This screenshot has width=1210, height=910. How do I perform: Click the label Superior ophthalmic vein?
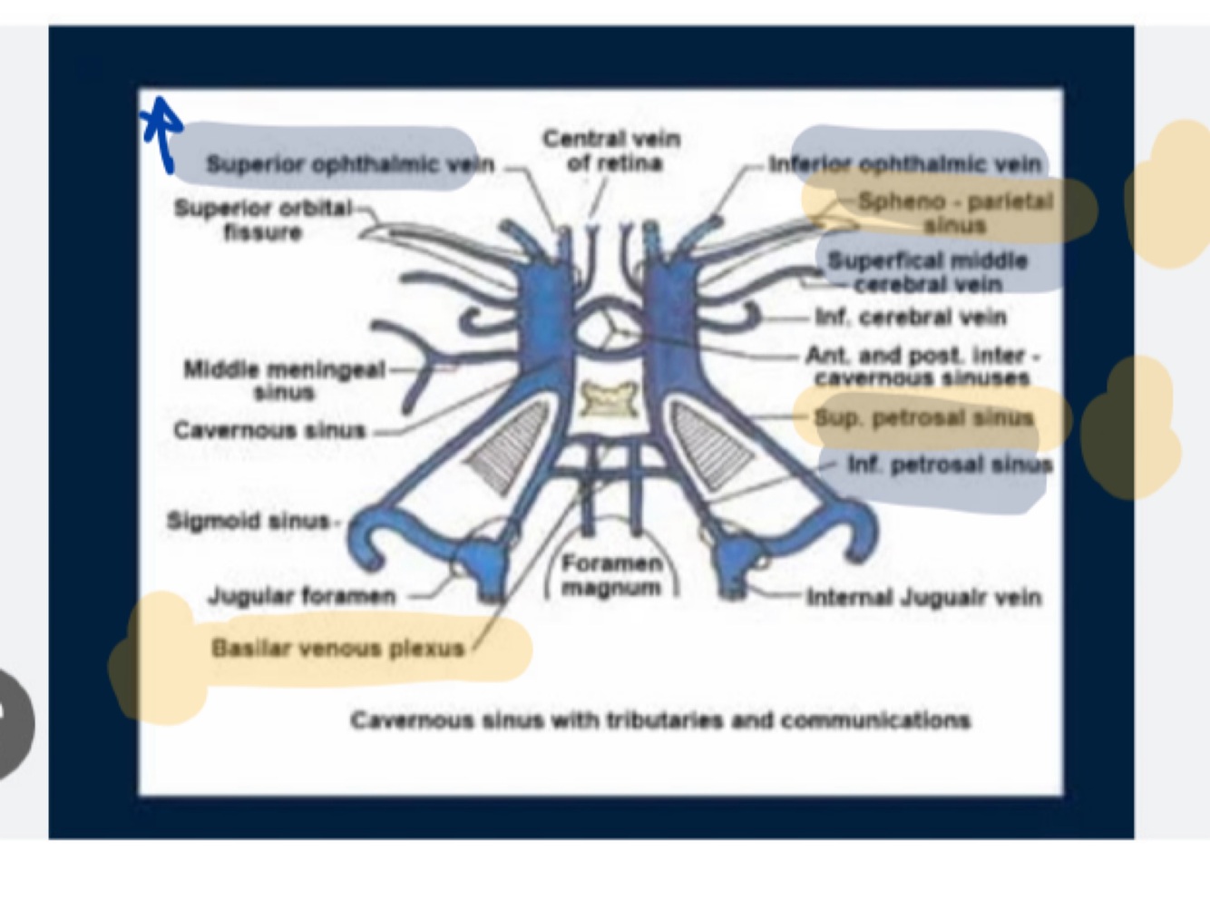tap(350, 164)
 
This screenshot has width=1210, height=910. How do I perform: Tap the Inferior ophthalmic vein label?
tap(904, 164)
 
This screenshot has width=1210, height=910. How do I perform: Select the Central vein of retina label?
tap(611, 151)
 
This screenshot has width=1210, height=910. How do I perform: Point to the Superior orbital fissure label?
tap(263, 220)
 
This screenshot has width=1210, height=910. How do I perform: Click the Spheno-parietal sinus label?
tap(955, 212)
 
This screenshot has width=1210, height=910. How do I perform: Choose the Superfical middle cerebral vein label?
tap(927, 272)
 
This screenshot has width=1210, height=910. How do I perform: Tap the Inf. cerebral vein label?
tap(911, 318)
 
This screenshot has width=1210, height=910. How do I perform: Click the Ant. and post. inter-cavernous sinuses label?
tap(922, 367)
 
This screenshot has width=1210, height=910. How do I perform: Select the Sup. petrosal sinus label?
tap(923, 418)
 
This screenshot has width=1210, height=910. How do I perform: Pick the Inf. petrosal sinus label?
tap(950, 465)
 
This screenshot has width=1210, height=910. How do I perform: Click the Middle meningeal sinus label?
tap(284, 380)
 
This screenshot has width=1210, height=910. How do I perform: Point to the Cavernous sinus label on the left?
tap(269, 430)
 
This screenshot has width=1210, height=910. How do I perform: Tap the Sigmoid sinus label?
tap(248, 521)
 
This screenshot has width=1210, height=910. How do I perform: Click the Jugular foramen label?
tap(302, 596)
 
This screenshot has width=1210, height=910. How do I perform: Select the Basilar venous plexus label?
tap(337, 648)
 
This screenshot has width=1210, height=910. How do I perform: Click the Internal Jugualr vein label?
tap(923, 597)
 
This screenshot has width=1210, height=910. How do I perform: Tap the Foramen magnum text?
tap(611, 575)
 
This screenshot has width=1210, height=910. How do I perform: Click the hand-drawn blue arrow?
tap(162, 132)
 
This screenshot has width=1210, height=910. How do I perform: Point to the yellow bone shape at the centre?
tap(610, 400)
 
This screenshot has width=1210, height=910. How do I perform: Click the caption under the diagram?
tap(660, 720)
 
